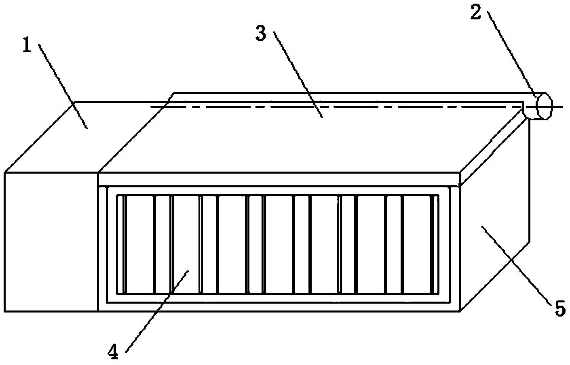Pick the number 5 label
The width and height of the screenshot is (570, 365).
559,309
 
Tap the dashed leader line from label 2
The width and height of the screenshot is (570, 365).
512,55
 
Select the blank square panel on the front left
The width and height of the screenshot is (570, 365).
51,241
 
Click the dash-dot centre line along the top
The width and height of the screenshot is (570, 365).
336,107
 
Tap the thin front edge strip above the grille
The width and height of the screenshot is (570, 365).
279,179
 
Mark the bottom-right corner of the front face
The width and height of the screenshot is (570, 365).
460,311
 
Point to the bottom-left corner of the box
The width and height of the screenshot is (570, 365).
5,311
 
